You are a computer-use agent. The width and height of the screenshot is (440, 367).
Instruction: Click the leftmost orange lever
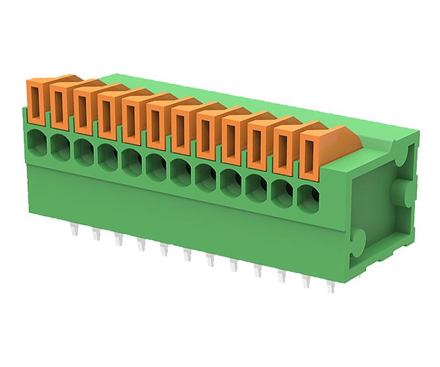click(36, 102)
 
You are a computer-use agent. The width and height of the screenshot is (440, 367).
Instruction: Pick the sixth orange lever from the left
click(157, 125)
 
